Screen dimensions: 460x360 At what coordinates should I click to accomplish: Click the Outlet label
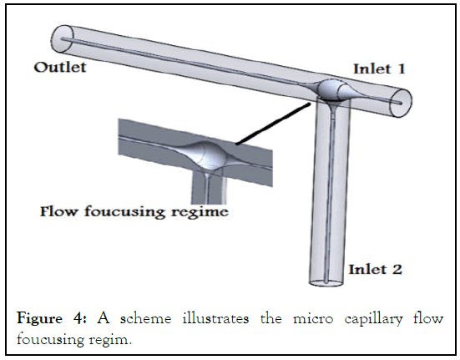tap(60, 67)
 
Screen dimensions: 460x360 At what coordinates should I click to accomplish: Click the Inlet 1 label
tap(379, 68)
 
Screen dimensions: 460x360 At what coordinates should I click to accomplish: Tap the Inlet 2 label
tap(375, 269)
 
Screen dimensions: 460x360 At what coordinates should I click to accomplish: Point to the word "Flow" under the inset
tap(58, 211)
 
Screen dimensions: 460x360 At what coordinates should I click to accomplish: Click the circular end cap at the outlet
tap(62, 39)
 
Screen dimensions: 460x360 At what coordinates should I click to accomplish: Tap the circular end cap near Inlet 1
tap(401, 103)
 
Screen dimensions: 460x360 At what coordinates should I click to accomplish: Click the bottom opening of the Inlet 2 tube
tap(326, 283)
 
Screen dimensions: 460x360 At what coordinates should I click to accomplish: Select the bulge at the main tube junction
tap(331, 89)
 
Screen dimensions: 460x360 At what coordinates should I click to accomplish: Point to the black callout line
tap(273, 124)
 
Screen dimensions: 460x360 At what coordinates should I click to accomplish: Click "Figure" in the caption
tap(39, 318)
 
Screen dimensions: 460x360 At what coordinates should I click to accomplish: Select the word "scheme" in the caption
tap(145, 318)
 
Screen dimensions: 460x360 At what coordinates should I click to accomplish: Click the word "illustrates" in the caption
tap(216, 318)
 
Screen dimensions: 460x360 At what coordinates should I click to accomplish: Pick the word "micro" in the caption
tap(313, 319)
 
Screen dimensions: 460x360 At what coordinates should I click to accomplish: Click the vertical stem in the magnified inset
tap(208, 188)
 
